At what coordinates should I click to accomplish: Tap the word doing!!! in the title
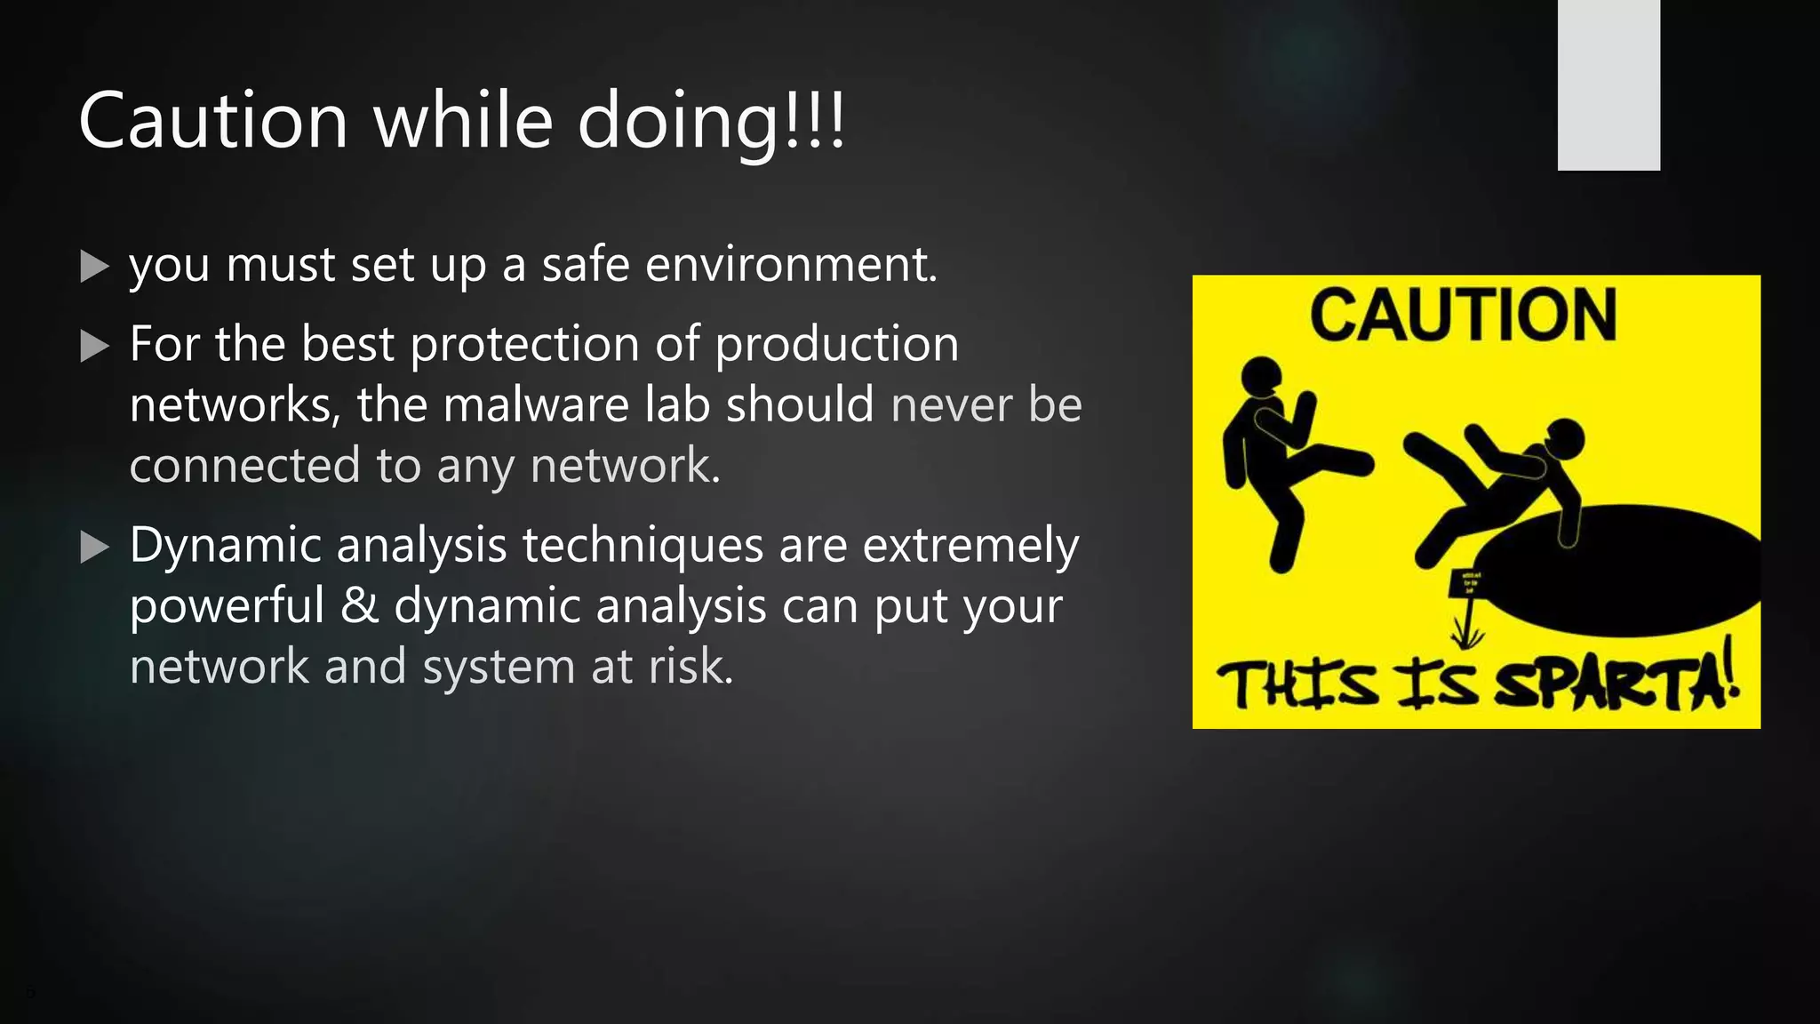pos(711,122)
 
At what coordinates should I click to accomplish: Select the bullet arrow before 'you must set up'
pos(94,266)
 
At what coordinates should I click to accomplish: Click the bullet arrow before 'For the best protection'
pos(94,346)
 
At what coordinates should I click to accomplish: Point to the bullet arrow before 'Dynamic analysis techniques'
pos(94,547)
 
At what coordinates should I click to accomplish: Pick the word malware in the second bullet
pos(536,404)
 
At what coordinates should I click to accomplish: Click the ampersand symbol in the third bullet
pos(359,605)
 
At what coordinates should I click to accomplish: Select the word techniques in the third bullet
pos(643,545)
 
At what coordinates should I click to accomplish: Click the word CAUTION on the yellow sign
pos(1463,315)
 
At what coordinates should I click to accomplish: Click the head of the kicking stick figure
pos(1261,376)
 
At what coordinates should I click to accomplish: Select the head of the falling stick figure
pos(1565,439)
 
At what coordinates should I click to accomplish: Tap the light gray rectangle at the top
pos(1608,84)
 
